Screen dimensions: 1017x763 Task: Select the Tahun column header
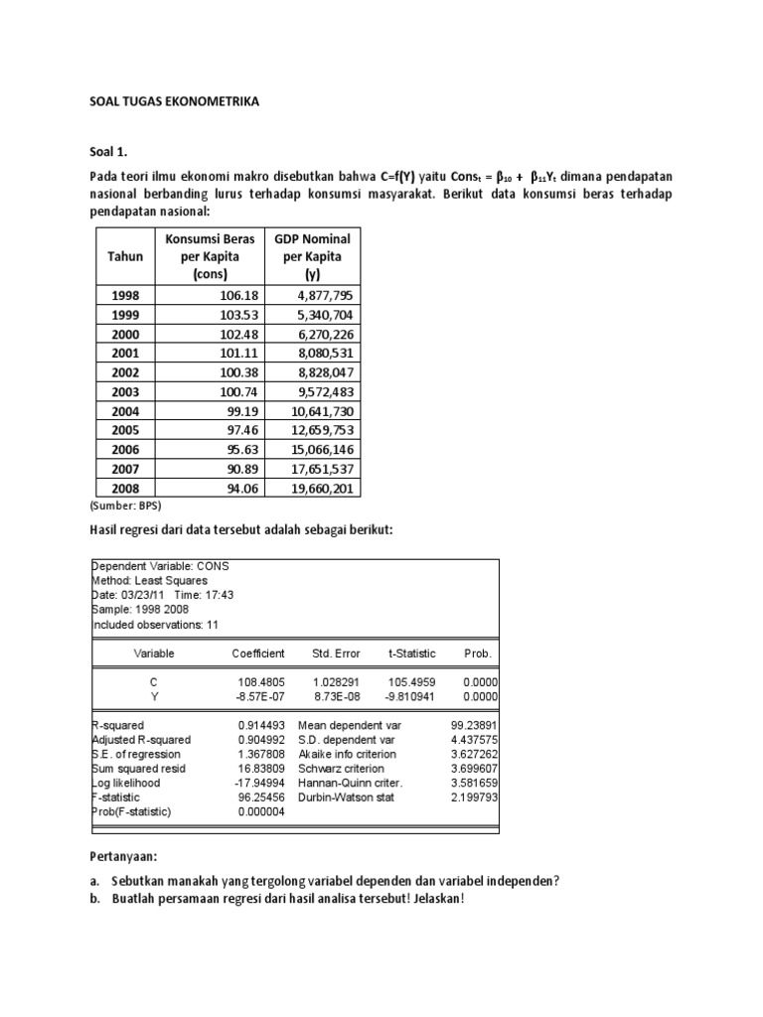(125, 256)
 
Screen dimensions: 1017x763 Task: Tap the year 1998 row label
(125, 295)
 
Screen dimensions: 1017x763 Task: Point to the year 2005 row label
(125, 429)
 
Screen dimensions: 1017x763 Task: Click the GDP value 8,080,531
(318, 353)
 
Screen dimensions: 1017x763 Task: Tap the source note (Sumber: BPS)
(125, 506)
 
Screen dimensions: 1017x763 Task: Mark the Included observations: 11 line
(155, 625)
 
